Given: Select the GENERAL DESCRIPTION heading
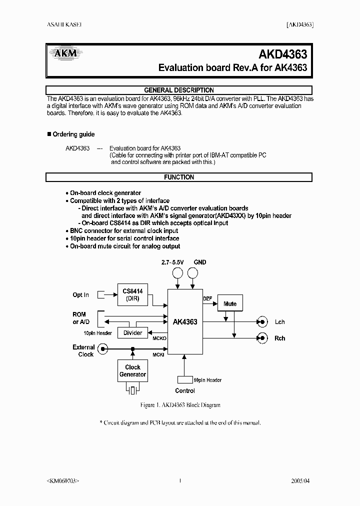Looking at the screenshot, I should tap(178, 90).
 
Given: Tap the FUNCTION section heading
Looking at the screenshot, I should tap(178, 177).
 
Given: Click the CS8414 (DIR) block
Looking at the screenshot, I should tap(132, 295).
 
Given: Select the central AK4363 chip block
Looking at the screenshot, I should tap(185, 321).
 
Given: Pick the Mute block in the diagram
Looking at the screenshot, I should tap(230, 303).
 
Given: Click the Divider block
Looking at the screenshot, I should tap(132, 333).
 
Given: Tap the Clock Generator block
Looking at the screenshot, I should tap(132, 371).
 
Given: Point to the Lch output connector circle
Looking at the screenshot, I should tap(260, 322).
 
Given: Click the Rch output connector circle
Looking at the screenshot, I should tap(260, 338).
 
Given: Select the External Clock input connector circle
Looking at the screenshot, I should tap(102, 349).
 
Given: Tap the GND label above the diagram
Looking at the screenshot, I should tap(199, 262).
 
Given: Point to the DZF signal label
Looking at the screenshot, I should tap(207, 299).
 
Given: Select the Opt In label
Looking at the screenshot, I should tap(80, 295).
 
